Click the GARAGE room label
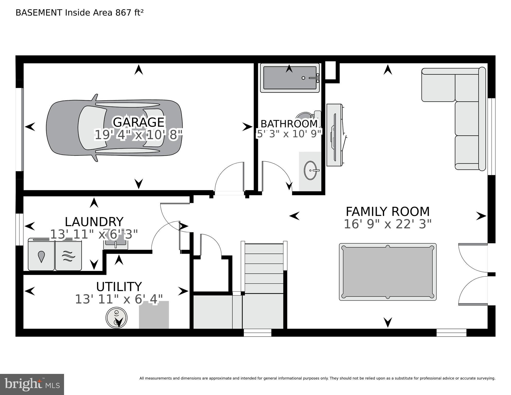click(x=138, y=122)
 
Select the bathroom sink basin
click(x=310, y=170)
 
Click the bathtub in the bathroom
click(x=290, y=78)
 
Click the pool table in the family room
click(x=388, y=272)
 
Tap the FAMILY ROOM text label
click(x=388, y=212)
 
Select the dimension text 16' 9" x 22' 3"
click(x=388, y=224)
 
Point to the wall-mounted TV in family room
click(x=334, y=135)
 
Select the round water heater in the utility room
click(x=116, y=318)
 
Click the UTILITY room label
click(x=119, y=287)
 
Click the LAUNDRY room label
click(x=94, y=222)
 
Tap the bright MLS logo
click(x=32, y=384)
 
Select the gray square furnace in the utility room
click(x=154, y=315)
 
